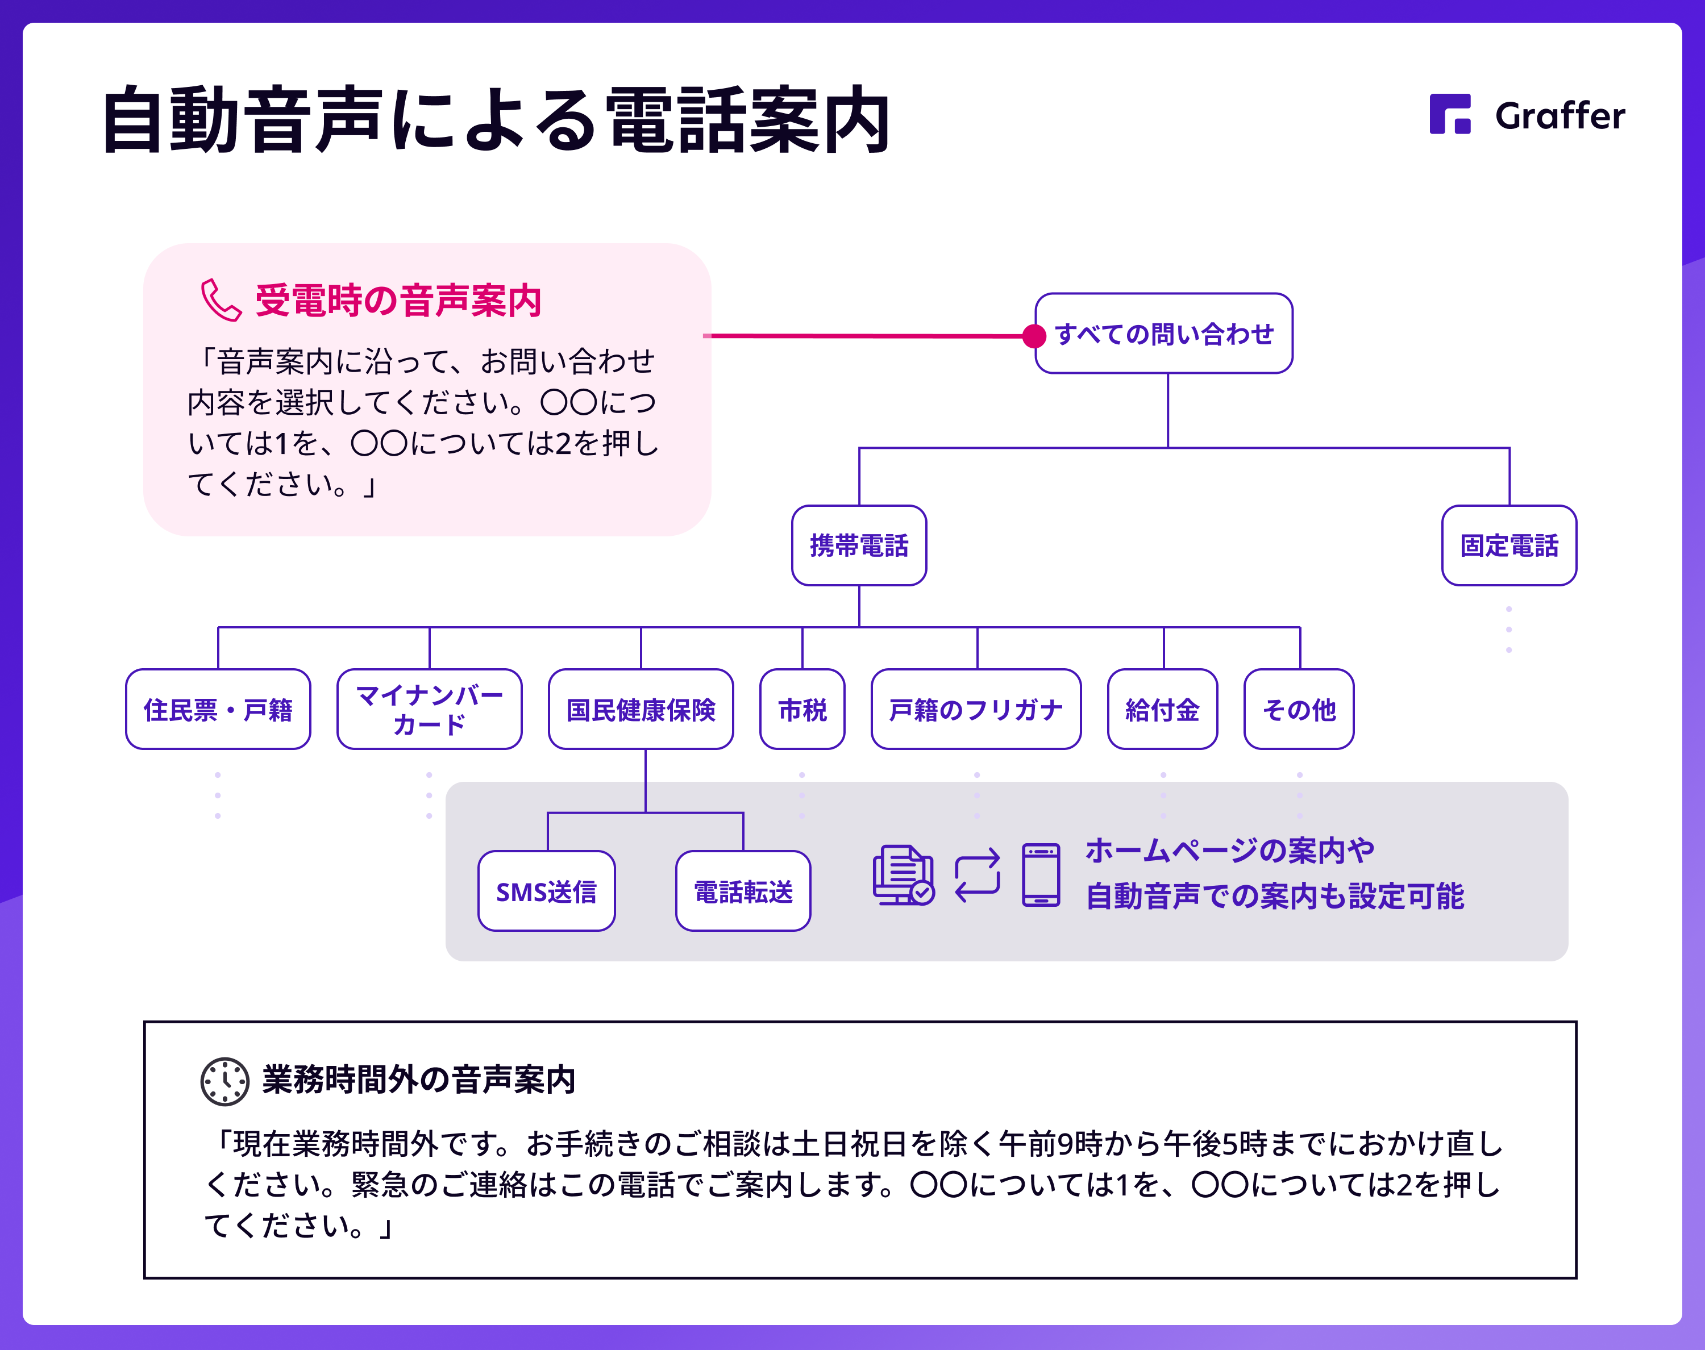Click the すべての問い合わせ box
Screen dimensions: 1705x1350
point(1163,334)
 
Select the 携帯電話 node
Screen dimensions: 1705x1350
point(859,545)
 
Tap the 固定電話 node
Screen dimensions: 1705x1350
point(1509,545)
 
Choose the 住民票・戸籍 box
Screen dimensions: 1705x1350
point(218,709)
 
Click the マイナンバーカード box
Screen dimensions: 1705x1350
point(429,709)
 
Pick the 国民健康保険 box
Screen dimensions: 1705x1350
point(641,709)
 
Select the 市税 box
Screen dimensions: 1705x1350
point(802,709)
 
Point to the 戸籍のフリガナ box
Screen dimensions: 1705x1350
point(976,709)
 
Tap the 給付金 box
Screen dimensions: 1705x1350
point(1163,709)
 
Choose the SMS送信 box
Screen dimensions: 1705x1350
point(546,891)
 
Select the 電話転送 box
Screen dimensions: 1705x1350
point(743,891)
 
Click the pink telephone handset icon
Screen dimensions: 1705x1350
point(221,301)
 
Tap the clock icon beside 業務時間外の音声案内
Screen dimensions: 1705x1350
point(225,1081)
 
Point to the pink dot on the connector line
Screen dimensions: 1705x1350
point(1034,336)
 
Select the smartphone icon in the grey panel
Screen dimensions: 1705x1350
point(1041,874)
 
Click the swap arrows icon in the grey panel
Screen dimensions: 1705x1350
point(978,875)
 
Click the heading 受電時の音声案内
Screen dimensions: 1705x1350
point(398,301)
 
